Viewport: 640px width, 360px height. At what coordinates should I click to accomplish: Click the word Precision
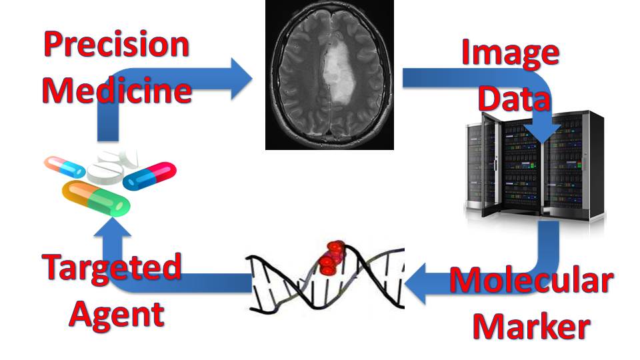(116, 45)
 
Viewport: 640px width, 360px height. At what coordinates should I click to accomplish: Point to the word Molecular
(531, 281)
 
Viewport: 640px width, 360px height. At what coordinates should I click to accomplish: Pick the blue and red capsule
(150, 175)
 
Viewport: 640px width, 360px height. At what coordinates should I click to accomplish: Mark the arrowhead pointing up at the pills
(110, 229)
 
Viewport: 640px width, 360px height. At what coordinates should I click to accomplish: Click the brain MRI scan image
(329, 75)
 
